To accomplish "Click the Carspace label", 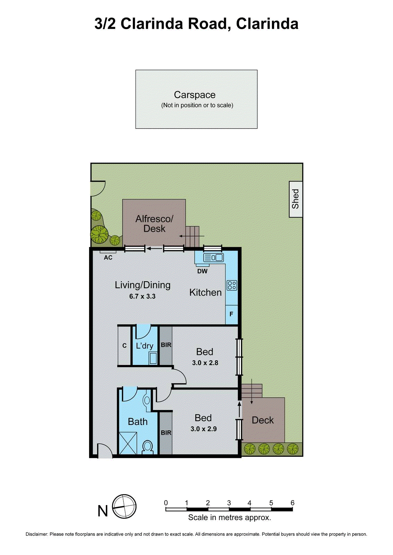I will pos(195,95).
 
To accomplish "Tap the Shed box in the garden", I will pos(296,199).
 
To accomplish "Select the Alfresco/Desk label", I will pos(154,224).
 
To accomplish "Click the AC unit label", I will pos(108,258).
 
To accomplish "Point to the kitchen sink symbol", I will pos(214,258).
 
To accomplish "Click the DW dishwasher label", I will pos(202,271).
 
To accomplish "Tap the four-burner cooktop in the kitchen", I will pos(232,285).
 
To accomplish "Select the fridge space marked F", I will pos(231,314).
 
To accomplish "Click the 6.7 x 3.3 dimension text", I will pos(142,297).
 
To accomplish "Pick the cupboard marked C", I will pos(124,346).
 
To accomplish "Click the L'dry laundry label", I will pos(144,346).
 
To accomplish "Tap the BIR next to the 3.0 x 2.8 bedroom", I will pos(166,345).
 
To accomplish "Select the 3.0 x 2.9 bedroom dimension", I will pos(204,429).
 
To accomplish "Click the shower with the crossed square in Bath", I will pos(128,443).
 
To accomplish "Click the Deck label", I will pos(263,420).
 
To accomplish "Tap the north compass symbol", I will pos(124,507).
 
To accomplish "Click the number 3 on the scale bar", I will pos(229,503).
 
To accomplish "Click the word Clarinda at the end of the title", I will pos(267,24).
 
